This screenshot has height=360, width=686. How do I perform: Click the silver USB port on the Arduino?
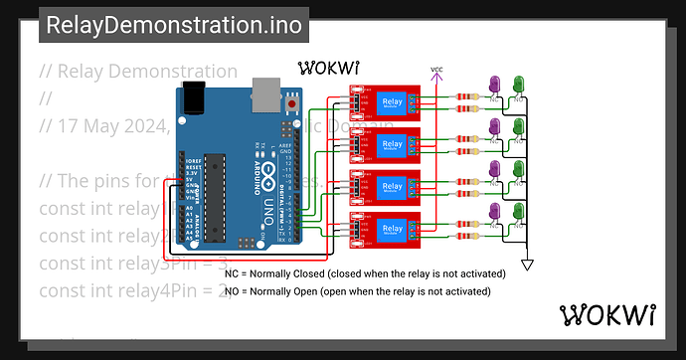tap(265, 95)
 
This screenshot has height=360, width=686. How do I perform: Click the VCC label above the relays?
tap(436, 70)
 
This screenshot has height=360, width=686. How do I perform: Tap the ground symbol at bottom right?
tap(528, 264)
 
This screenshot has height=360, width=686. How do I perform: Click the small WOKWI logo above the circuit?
tap(328, 69)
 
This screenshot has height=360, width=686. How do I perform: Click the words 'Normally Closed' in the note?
tap(289, 272)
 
